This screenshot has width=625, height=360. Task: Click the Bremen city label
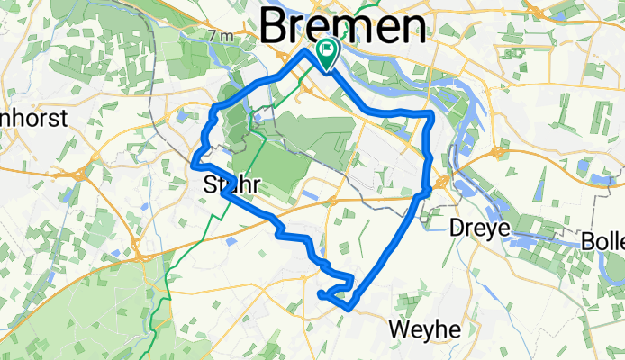(x=342, y=27)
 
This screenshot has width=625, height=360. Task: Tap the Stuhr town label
(x=231, y=185)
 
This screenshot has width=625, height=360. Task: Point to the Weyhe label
(x=424, y=329)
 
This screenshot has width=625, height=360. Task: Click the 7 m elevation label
(x=219, y=36)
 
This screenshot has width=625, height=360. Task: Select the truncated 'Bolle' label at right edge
(x=602, y=241)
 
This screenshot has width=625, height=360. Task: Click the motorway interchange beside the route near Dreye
(x=441, y=183)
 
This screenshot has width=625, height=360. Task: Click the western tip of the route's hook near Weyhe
(x=321, y=293)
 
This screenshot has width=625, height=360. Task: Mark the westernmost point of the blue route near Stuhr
(x=194, y=163)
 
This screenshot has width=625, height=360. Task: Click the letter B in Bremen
(x=274, y=27)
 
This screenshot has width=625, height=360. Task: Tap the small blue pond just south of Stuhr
(x=229, y=241)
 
